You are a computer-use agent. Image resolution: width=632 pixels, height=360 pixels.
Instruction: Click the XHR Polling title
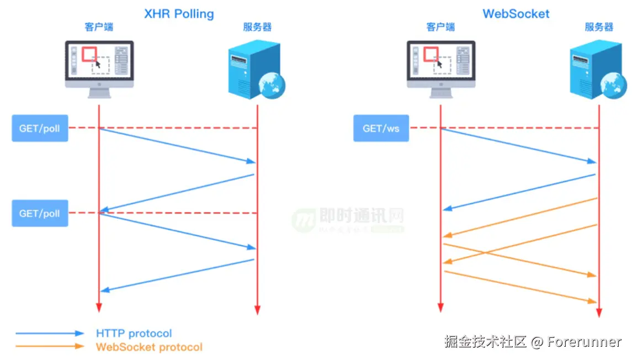(x=179, y=13)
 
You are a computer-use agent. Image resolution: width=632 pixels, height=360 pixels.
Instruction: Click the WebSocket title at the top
(x=516, y=13)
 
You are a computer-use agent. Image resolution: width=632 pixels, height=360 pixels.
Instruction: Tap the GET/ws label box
(x=381, y=129)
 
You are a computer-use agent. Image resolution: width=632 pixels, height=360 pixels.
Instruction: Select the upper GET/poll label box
(x=40, y=129)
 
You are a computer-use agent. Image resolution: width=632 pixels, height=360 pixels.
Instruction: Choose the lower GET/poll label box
(x=40, y=213)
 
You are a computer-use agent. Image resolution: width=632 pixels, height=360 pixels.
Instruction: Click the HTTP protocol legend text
(x=134, y=333)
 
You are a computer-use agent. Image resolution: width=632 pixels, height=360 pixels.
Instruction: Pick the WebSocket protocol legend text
(x=149, y=347)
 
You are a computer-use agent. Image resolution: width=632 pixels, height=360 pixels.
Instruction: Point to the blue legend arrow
(x=50, y=333)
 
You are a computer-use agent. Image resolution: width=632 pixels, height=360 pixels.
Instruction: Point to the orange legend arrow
(x=50, y=347)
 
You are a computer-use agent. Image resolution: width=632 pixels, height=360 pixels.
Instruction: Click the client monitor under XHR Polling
(x=99, y=65)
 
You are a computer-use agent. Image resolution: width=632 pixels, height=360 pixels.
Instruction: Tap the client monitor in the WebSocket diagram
(x=441, y=65)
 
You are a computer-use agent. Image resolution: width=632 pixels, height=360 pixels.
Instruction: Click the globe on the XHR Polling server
(x=272, y=86)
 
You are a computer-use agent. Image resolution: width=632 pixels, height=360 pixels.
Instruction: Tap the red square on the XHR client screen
(x=89, y=54)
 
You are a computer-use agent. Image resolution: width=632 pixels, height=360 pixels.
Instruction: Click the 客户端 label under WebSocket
(x=440, y=27)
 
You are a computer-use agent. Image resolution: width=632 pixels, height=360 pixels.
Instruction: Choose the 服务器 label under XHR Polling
(x=257, y=27)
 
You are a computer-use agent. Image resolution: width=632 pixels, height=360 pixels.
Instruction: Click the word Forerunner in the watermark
(x=585, y=342)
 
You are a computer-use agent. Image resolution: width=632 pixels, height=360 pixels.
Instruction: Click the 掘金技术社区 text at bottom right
(x=486, y=342)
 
